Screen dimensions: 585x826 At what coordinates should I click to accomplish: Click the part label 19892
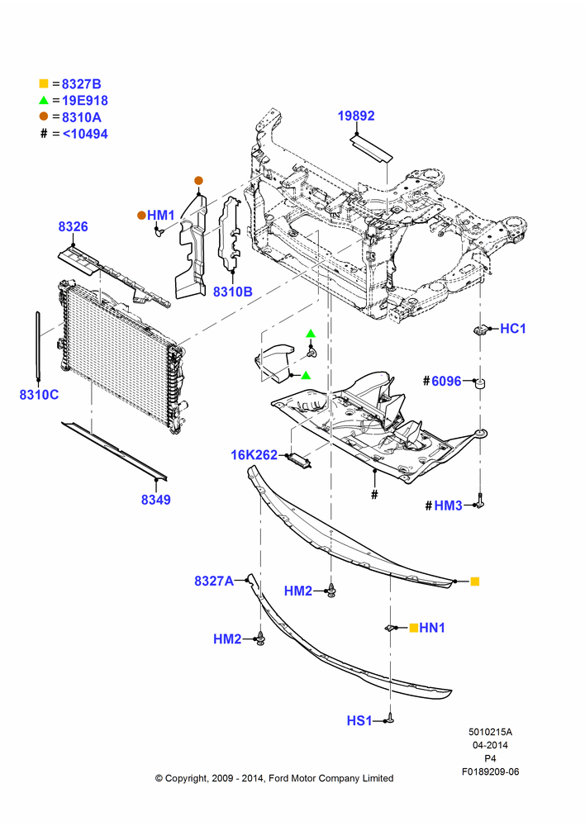[356, 116]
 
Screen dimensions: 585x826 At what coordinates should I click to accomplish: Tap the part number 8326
[73, 226]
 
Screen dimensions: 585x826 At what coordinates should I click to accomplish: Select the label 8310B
[232, 292]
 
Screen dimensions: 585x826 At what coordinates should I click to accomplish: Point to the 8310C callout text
[39, 395]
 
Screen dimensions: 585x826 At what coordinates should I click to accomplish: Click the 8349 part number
[155, 500]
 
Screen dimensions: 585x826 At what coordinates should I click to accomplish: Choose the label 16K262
[254, 454]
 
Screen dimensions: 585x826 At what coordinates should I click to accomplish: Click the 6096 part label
[446, 381]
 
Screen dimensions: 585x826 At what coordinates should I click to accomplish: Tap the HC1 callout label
[513, 329]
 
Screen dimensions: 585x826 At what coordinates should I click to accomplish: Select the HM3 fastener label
[448, 506]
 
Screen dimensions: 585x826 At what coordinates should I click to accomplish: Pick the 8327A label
[214, 581]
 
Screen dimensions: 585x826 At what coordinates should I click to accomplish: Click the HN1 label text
[432, 628]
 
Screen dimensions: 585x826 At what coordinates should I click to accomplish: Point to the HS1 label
[359, 720]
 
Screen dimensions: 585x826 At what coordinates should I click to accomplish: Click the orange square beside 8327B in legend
[44, 83]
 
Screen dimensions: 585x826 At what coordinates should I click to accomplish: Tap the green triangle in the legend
[44, 100]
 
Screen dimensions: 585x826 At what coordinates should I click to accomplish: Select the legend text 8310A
[82, 117]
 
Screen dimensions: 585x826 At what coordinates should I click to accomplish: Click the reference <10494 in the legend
[85, 134]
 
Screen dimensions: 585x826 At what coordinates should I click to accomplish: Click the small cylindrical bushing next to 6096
[479, 383]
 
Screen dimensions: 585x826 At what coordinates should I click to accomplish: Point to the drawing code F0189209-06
[490, 771]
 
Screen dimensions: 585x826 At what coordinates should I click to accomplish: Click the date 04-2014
[490, 745]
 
